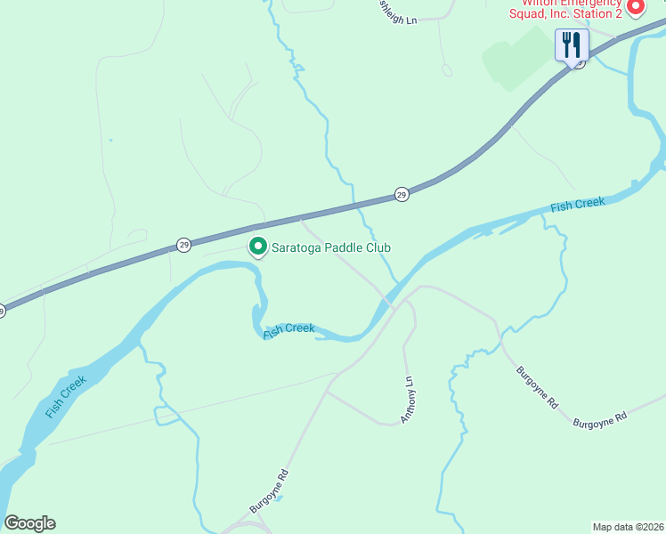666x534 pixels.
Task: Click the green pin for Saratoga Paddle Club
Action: coord(258,247)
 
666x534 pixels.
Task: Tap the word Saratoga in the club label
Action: coord(300,247)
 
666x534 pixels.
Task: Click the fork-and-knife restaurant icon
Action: coord(571,44)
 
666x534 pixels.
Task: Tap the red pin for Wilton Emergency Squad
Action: coord(635,8)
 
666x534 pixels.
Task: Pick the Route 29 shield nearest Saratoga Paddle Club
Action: coord(183,244)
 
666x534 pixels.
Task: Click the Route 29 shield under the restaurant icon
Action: coord(579,63)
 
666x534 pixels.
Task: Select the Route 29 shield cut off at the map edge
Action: coord(2,311)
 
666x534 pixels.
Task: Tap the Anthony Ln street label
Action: coord(408,398)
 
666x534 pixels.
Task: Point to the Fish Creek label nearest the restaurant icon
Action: coord(577,206)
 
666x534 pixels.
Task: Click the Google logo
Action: coord(29,523)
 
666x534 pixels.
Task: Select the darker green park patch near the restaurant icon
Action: coord(516,58)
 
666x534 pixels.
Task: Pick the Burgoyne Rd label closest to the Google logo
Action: coord(270,491)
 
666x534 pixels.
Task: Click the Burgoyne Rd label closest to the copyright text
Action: coord(600,417)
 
